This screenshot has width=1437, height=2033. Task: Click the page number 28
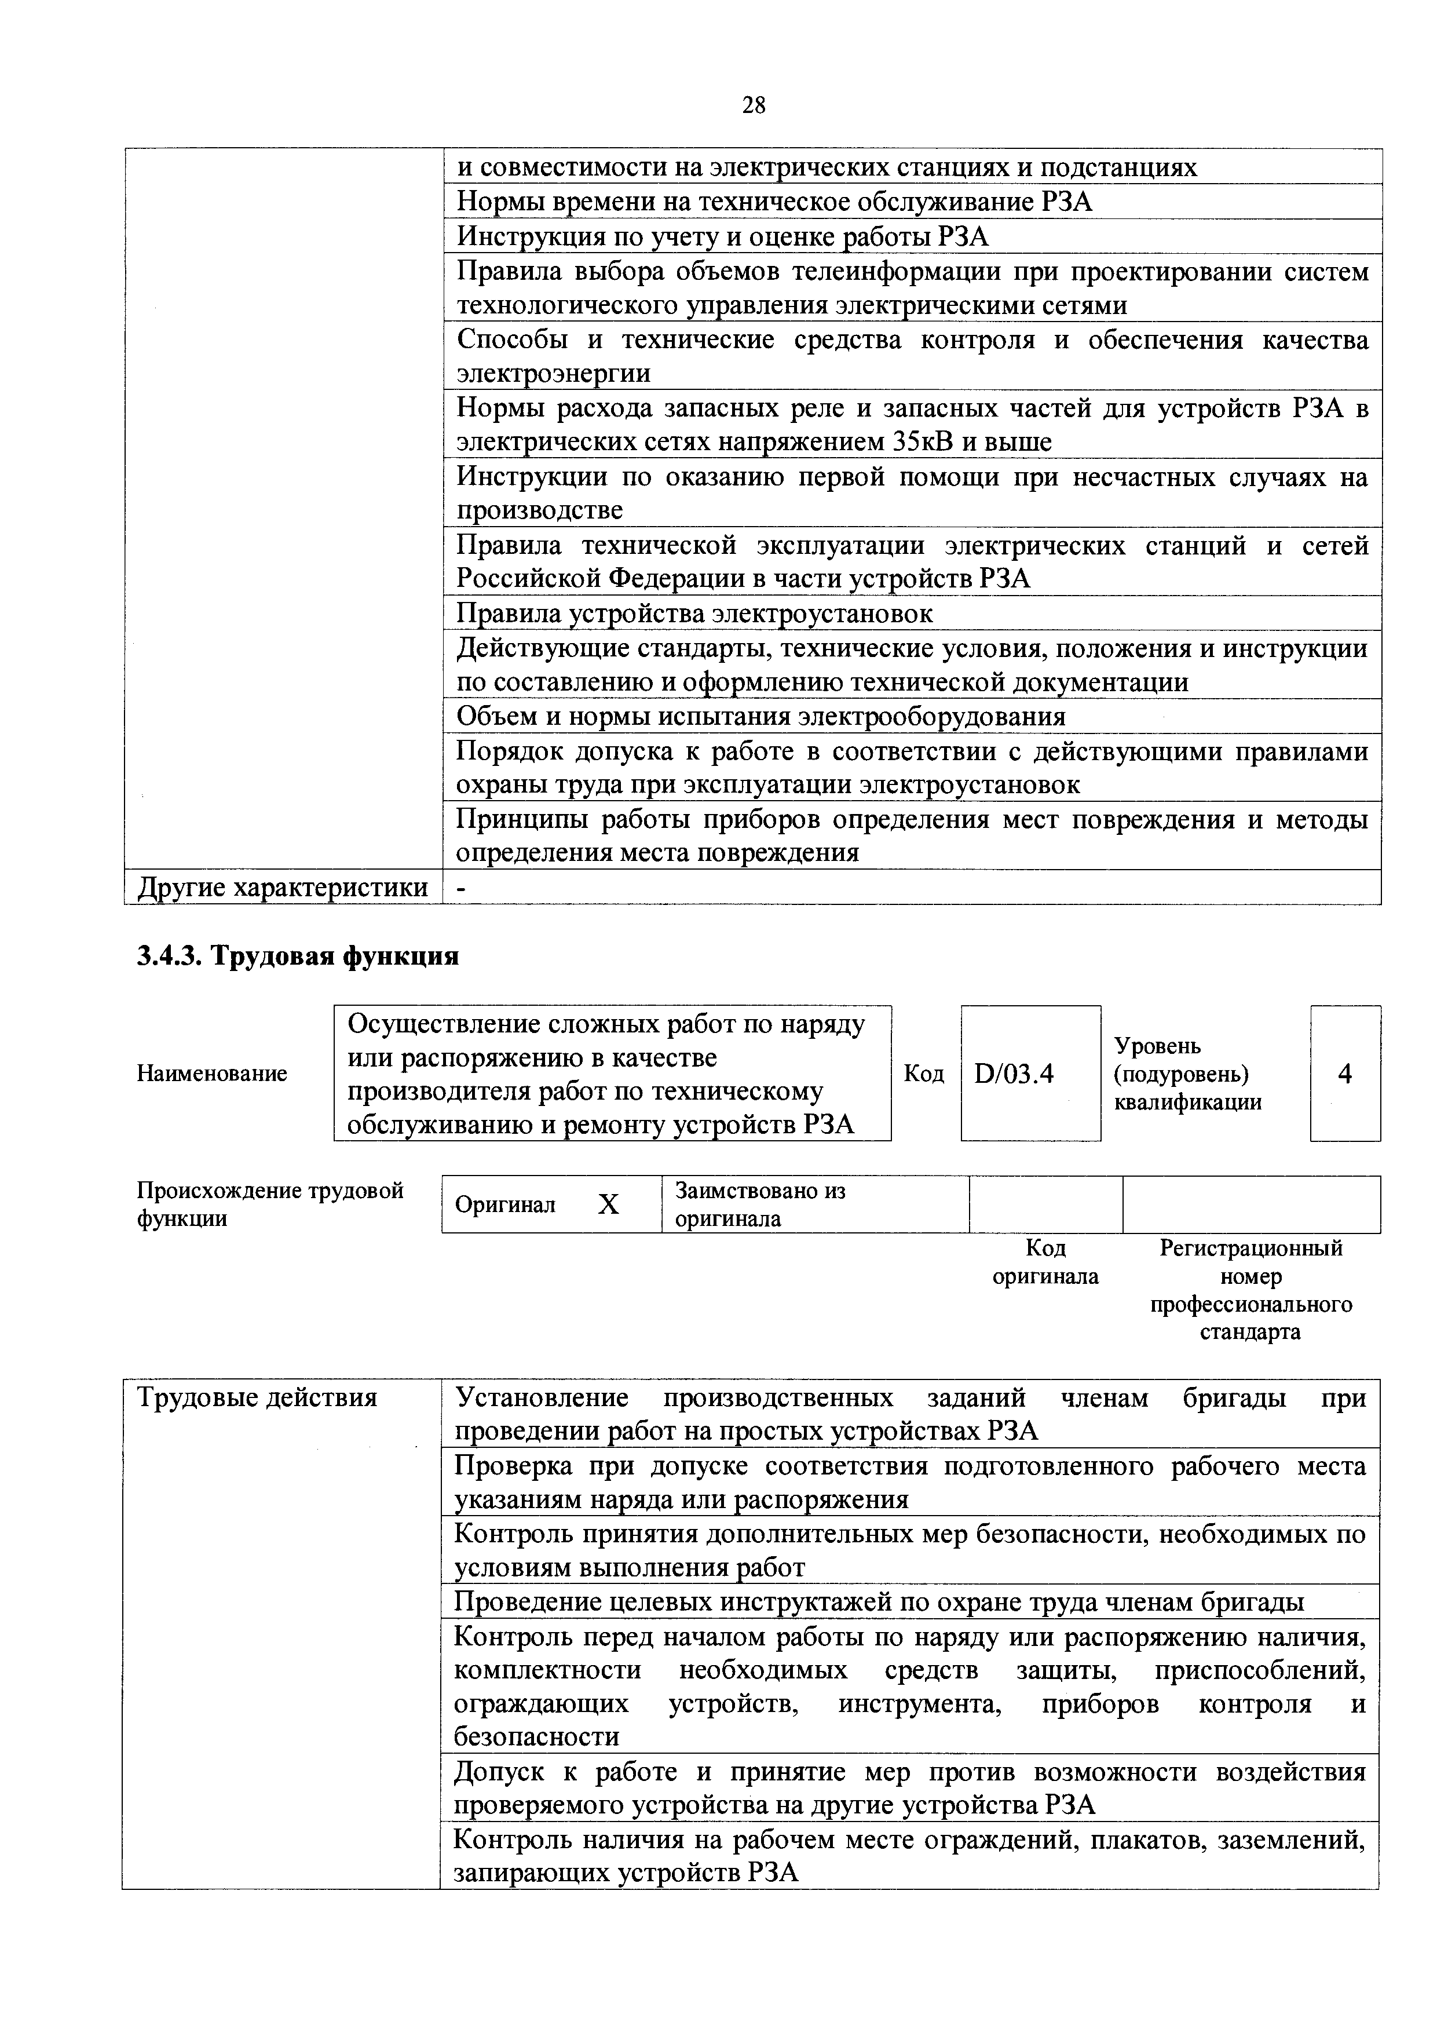(754, 106)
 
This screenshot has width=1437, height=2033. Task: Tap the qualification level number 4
(1345, 1074)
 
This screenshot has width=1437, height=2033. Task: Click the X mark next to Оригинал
(608, 1205)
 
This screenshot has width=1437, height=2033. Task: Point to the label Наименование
(211, 1074)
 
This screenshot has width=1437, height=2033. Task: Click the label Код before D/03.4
(923, 1074)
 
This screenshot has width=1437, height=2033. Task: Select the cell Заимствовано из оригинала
(760, 1205)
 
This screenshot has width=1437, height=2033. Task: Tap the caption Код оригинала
(1045, 1262)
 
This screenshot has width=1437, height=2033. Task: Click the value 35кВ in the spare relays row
(922, 442)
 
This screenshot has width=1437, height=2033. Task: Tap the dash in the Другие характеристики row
(460, 887)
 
